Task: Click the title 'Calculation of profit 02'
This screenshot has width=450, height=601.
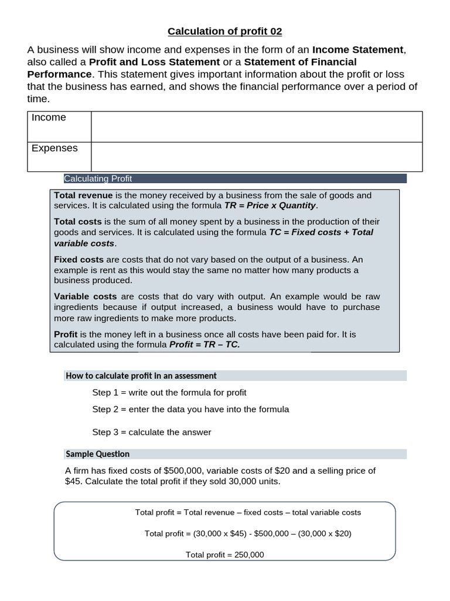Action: click(x=225, y=31)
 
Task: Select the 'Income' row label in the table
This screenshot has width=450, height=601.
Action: click(x=49, y=117)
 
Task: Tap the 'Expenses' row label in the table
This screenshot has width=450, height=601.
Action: click(x=54, y=148)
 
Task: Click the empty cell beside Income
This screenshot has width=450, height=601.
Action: click(x=257, y=127)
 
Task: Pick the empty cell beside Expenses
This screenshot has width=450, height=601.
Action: click(x=257, y=157)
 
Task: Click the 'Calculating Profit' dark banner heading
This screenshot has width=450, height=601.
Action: click(x=98, y=178)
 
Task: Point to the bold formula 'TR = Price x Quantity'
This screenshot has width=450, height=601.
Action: click(x=270, y=206)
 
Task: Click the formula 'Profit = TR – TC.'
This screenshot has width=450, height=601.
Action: click(x=204, y=345)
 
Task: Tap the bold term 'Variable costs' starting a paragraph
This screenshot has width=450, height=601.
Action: click(x=85, y=296)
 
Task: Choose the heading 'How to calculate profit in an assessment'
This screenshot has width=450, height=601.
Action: click(x=141, y=376)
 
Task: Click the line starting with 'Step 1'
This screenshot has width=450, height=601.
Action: click(x=169, y=392)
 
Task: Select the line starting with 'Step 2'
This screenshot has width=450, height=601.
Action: click(x=190, y=409)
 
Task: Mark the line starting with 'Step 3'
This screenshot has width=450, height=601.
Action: click(x=152, y=432)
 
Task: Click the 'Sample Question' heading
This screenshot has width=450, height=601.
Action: click(x=98, y=454)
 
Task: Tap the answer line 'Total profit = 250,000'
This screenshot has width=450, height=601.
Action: click(x=225, y=555)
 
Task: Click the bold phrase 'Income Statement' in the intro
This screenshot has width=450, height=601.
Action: click(x=358, y=50)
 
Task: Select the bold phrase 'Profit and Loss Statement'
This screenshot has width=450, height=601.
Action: click(x=155, y=62)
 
